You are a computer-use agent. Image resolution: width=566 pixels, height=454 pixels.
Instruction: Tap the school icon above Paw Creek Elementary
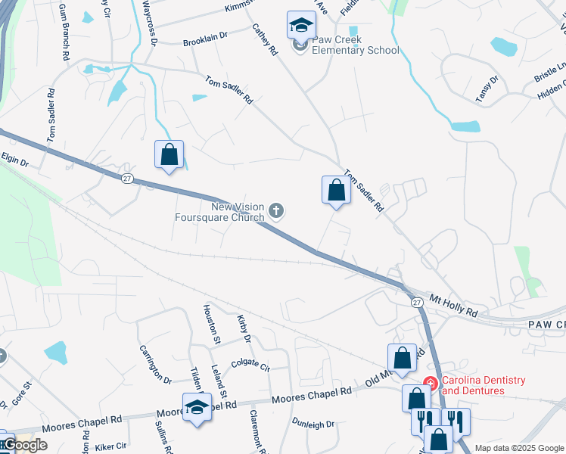pyautogui.click(x=301, y=26)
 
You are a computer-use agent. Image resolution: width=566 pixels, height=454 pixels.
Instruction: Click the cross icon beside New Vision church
pyautogui.click(x=277, y=211)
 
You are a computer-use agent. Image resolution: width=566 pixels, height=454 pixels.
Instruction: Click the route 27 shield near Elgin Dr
pyautogui.click(x=128, y=178)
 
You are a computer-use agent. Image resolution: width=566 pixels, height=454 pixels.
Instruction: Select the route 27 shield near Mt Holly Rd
pyautogui.click(x=417, y=302)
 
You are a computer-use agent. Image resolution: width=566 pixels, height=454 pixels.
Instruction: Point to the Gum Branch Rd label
pyautogui.click(x=64, y=41)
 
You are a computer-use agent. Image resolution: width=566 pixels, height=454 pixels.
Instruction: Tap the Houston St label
pyautogui.click(x=209, y=324)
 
